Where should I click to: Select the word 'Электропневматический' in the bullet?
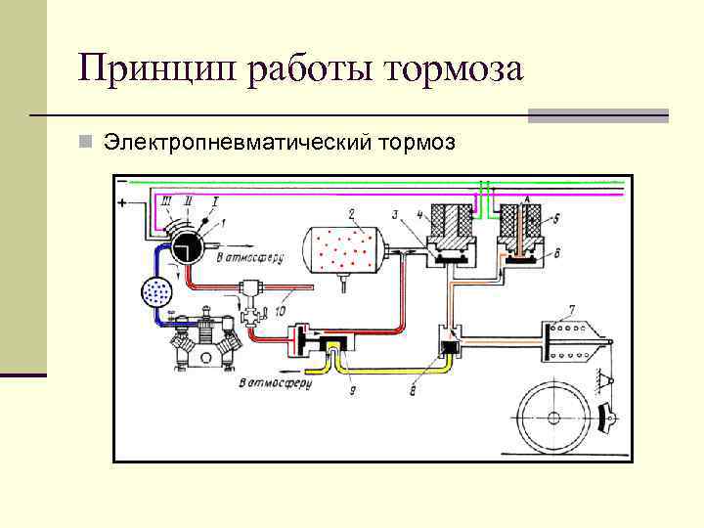[234, 144]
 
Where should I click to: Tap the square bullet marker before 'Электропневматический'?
[87, 144]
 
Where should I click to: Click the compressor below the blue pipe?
[204, 341]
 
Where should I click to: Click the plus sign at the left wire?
[122, 201]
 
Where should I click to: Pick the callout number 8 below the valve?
[415, 390]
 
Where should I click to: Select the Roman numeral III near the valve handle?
[166, 200]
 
